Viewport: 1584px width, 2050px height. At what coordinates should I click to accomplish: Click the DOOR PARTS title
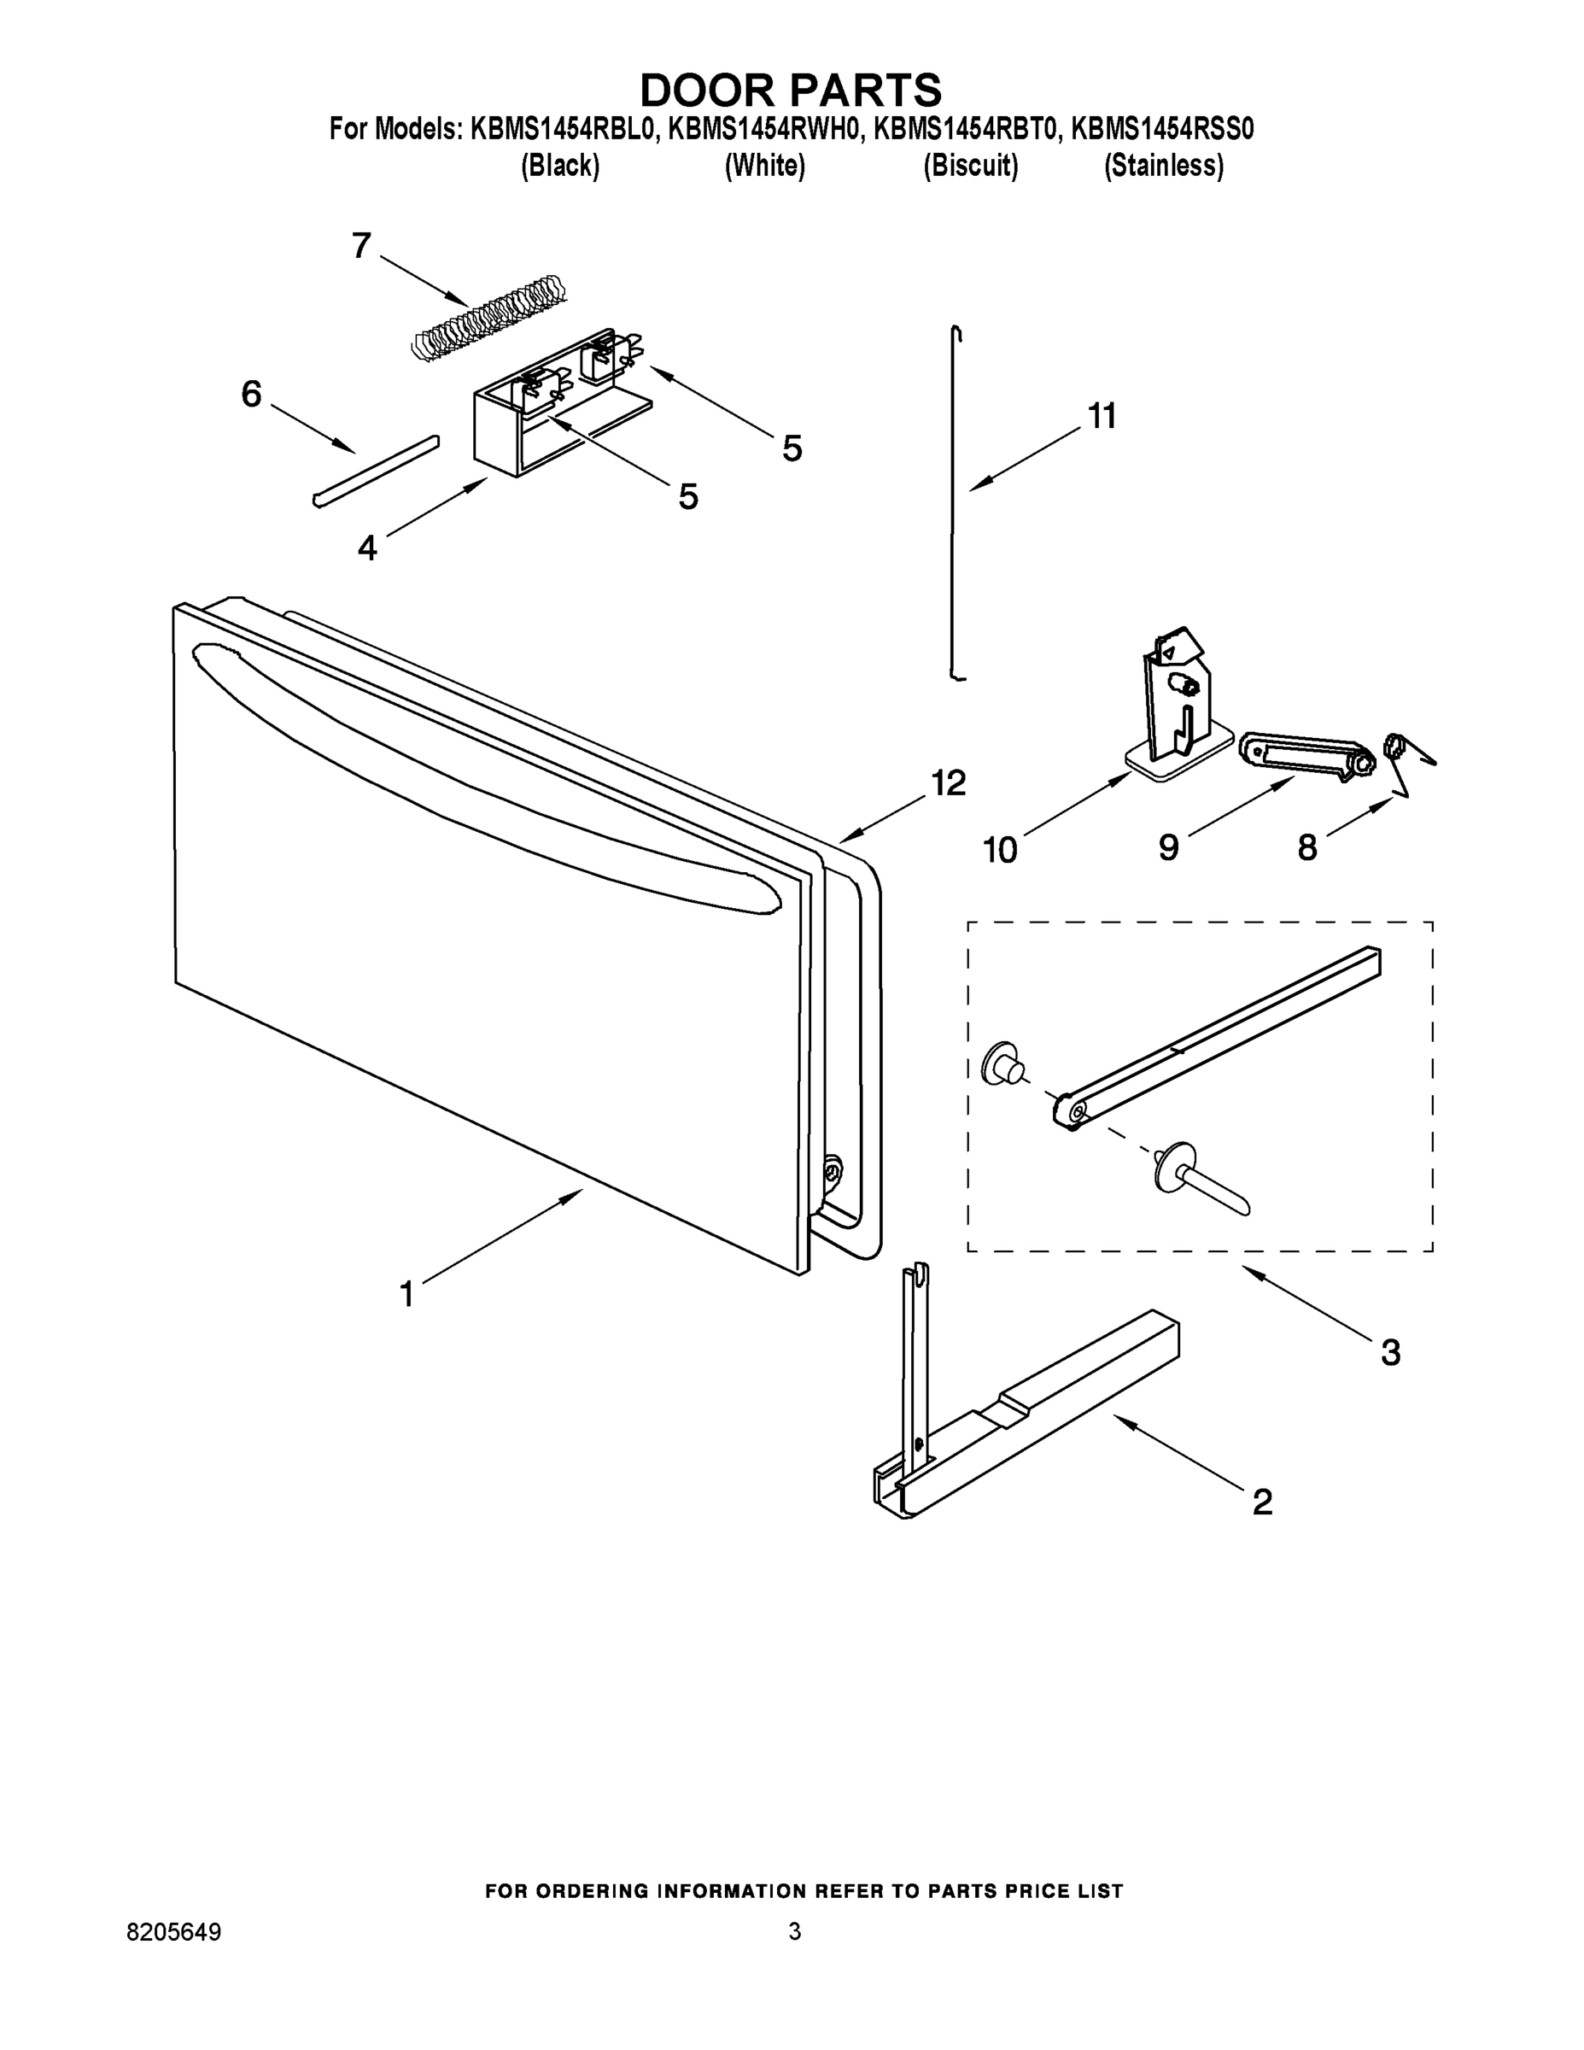(x=790, y=90)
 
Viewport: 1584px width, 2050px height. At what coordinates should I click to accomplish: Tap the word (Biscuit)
(x=970, y=167)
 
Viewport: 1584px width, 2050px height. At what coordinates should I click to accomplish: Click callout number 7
(x=361, y=246)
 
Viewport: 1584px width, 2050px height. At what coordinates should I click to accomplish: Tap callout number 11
(x=1102, y=416)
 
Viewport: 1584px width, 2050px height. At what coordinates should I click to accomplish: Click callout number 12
(x=949, y=782)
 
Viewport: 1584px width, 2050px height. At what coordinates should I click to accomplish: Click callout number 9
(x=1168, y=847)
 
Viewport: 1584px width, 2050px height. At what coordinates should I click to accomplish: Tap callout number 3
(x=1390, y=1353)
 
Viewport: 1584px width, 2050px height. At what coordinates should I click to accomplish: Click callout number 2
(x=1262, y=1502)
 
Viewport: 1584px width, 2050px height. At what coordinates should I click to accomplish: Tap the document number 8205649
(x=173, y=1933)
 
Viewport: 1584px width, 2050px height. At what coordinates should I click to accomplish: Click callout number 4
(x=367, y=548)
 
